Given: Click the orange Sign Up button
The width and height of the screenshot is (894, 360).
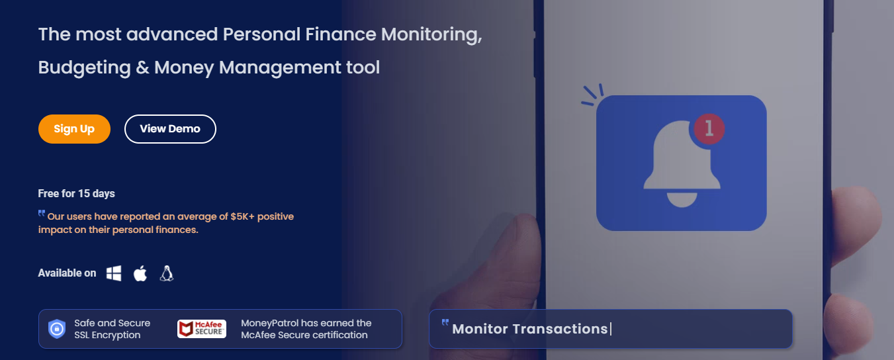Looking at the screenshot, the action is click(x=74, y=129).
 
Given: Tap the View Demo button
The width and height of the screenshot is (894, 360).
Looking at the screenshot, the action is click(x=170, y=129).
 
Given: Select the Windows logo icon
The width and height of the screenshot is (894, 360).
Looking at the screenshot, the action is click(x=114, y=273).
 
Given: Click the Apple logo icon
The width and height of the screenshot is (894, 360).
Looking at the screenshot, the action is click(x=140, y=273).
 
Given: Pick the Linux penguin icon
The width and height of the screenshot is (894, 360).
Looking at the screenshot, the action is click(x=167, y=273).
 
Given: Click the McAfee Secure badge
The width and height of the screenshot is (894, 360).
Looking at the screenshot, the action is click(x=202, y=329).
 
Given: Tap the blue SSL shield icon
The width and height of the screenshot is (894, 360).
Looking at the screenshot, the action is click(x=57, y=329).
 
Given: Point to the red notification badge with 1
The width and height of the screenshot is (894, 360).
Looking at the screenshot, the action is click(x=709, y=129).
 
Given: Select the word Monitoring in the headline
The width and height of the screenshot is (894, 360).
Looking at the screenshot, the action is click(x=431, y=34).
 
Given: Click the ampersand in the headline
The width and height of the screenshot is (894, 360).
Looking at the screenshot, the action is click(x=142, y=67).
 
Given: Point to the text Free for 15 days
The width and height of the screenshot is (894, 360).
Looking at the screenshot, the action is click(x=76, y=194).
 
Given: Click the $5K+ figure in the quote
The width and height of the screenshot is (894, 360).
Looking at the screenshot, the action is click(x=242, y=216).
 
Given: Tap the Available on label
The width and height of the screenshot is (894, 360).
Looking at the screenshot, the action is click(x=67, y=273).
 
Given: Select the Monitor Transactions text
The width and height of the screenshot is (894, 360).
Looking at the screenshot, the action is click(x=529, y=329).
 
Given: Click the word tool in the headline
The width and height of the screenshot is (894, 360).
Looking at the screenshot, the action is click(x=363, y=67).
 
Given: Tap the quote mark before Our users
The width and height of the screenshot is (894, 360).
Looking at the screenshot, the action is click(x=42, y=213).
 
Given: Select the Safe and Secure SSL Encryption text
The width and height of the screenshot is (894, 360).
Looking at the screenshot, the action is click(x=112, y=329).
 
